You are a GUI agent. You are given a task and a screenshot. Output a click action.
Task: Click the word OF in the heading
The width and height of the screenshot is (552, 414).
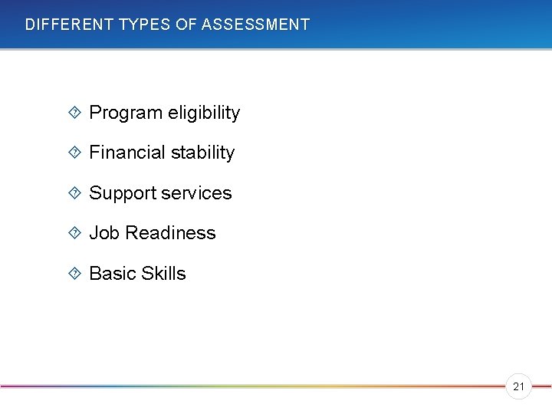click(x=186, y=25)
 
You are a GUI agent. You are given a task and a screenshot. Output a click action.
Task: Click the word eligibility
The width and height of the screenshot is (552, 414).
click(x=200, y=113)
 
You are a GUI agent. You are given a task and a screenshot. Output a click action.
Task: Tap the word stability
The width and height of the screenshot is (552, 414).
click(x=202, y=153)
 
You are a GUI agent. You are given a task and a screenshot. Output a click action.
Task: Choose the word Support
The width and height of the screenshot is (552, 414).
click(x=121, y=193)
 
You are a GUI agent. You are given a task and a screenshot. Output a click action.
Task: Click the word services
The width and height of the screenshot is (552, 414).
click(x=195, y=193)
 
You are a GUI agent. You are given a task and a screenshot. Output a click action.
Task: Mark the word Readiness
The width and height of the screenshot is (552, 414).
click(x=170, y=233)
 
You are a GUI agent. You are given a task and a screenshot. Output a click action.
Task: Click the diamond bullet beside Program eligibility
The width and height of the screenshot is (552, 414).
click(x=74, y=113)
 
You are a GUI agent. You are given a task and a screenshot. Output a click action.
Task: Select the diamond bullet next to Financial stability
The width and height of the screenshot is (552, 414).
click(x=74, y=153)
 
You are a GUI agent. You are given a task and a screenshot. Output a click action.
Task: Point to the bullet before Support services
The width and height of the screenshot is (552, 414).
click(x=74, y=192)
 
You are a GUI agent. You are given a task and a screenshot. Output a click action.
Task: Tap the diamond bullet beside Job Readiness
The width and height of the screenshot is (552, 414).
click(x=74, y=232)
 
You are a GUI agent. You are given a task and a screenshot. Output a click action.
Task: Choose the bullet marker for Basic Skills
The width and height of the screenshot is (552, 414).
click(x=74, y=273)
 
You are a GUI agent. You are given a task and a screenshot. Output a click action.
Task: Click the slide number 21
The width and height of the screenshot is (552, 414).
click(x=518, y=387)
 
